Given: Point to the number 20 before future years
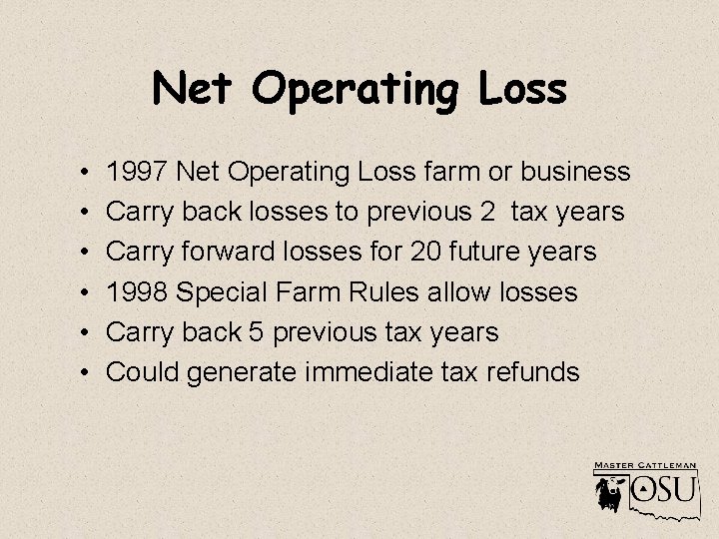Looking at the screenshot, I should (427, 253).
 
